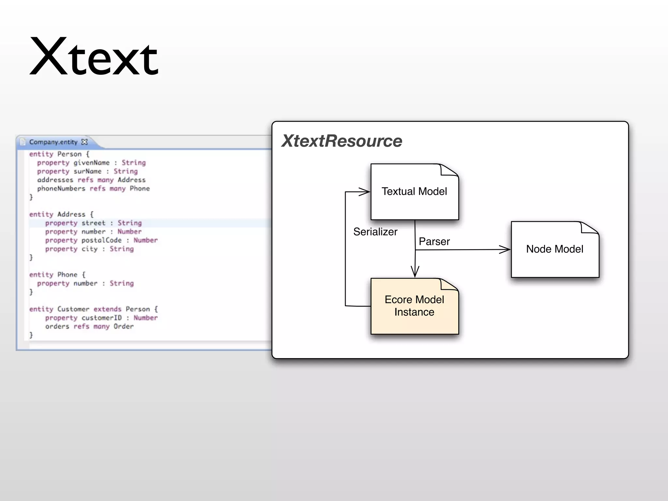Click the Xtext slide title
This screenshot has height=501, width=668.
(x=94, y=57)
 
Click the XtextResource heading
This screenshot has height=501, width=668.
(x=342, y=141)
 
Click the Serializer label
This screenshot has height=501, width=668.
(x=375, y=232)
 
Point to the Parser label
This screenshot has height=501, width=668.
(x=434, y=242)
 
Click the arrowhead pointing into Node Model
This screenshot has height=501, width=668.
(x=505, y=250)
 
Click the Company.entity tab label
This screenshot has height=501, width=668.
(x=53, y=142)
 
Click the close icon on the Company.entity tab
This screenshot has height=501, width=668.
(x=84, y=142)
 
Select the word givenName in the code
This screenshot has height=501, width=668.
(x=91, y=162)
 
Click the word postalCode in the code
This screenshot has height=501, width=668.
(x=101, y=240)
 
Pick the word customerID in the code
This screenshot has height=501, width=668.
(x=101, y=318)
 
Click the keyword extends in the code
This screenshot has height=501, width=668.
(x=107, y=309)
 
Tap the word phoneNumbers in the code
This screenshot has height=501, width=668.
(x=61, y=189)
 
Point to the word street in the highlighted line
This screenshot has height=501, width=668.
(x=93, y=223)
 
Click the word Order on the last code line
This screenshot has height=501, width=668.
(x=123, y=326)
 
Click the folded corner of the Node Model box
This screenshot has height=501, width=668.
(x=589, y=228)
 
